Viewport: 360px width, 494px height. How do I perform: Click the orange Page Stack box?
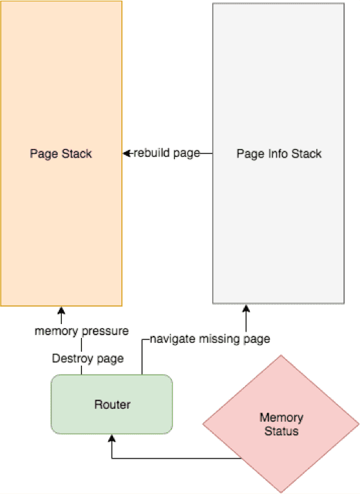(61, 153)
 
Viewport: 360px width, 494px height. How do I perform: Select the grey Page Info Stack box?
(278, 153)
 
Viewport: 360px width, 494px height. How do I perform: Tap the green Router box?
(112, 404)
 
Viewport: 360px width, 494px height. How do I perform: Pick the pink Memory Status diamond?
(281, 424)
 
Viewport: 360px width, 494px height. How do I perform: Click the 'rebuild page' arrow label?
(167, 153)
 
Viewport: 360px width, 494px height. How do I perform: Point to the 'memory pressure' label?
(82, 331)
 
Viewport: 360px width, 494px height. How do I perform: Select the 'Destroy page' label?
(87, 359)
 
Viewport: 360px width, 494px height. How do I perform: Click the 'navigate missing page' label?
(209, 339)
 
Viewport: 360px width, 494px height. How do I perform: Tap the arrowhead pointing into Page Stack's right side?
(126, 153)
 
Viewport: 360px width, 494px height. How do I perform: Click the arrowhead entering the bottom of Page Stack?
(61, 310)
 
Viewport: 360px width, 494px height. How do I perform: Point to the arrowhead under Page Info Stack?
(246, 309)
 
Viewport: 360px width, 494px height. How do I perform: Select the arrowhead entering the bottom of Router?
(112, 438)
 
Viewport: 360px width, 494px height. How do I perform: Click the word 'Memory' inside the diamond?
(281, 418)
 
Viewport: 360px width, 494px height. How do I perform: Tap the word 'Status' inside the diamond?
(281, 431)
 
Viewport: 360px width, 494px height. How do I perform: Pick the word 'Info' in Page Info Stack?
(278, 153)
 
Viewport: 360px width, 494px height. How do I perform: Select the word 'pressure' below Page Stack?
(105, 332)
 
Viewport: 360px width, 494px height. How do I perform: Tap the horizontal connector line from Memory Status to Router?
(177, 458)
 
